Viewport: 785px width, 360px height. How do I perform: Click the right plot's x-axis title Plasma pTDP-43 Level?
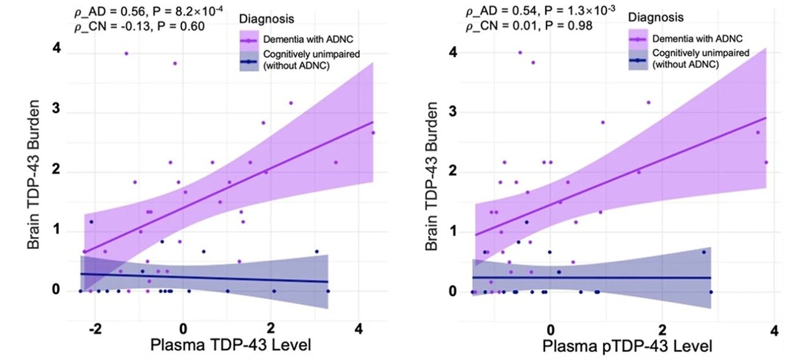click(x=627, y=345)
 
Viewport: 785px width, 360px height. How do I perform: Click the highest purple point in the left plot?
click(x=126, y=53)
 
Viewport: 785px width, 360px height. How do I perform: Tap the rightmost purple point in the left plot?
click(x=372, y=132)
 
